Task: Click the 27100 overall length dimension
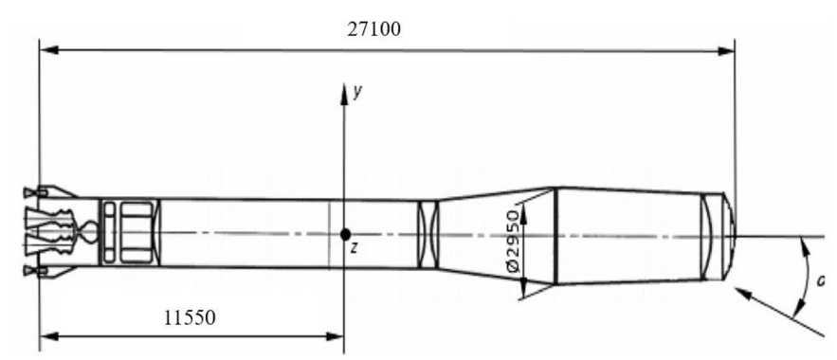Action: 374,28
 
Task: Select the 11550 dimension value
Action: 190,318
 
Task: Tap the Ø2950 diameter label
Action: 513,242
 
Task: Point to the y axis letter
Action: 357,92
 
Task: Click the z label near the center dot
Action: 353,247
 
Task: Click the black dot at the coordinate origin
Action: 345,234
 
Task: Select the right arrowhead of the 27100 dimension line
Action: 726,51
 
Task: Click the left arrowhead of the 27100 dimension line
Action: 48,50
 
